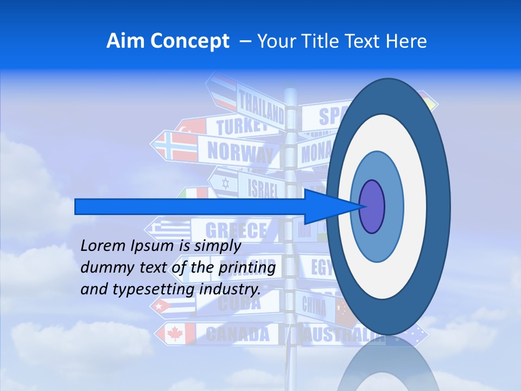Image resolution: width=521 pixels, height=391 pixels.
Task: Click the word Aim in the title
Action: click(x=122, y=41)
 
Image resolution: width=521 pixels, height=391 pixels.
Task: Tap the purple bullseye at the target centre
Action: click(x=372, y=206)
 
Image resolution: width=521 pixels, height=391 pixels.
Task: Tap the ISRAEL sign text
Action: click(x=263, y=187)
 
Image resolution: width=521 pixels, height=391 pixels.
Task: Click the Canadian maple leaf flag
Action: click(x=175, y=333)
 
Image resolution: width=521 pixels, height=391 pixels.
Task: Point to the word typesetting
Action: click(x=161, y=289)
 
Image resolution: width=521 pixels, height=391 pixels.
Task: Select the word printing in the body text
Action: click(x=247, y=267)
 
